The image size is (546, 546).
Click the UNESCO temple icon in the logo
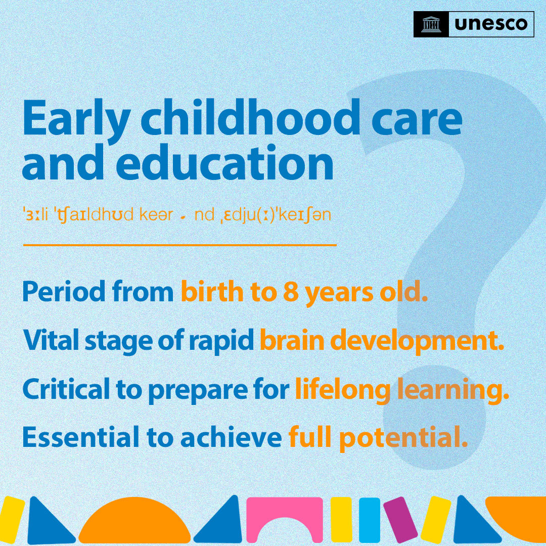point(431,24)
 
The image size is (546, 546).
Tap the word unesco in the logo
point(490,24)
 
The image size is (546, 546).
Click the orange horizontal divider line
point(179,245)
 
